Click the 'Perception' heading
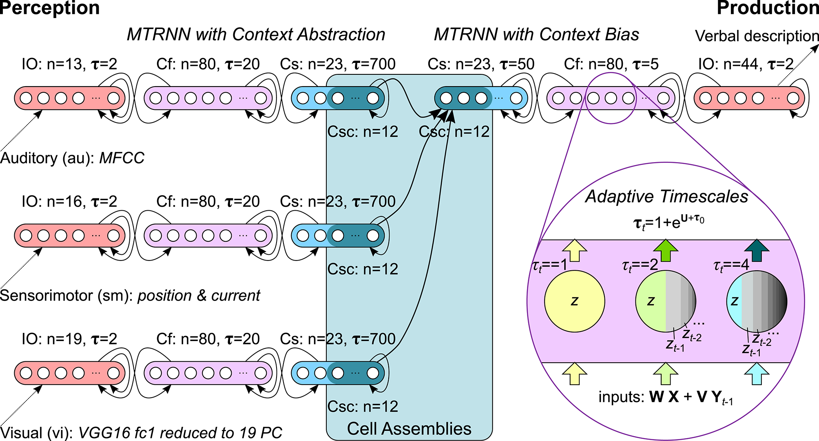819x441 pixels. [50, 8]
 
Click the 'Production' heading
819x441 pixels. [768, 8]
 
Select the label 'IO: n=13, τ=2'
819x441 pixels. [69, 64]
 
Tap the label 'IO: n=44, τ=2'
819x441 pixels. [746, 64]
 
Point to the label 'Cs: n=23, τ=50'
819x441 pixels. [481, 64]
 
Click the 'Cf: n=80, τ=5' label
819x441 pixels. [611, 64]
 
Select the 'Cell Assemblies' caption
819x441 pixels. [409, 429]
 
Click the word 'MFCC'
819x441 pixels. [122, 158]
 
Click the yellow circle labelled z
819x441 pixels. [575, 301]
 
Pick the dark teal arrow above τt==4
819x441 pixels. [757, 250]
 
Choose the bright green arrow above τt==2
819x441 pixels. [666, 250]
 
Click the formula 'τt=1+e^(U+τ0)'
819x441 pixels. [668, 223]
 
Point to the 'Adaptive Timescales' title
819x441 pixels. [667, 196]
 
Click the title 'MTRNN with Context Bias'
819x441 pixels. [536, 35]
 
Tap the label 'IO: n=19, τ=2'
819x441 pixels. [69, 339]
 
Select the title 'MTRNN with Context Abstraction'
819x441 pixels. [256, 35]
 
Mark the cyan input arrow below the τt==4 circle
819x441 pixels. [757, 374]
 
